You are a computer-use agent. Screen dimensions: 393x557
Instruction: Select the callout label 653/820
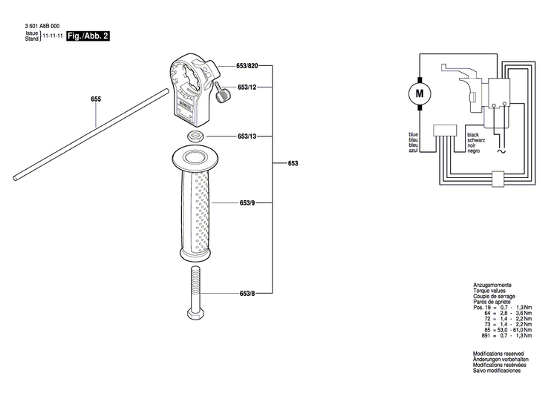click(251, 66)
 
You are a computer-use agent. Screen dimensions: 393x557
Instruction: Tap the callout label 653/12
click(247, 87)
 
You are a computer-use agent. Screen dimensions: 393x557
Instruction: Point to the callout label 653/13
click(247, 136)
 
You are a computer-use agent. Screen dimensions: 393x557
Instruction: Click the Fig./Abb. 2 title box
click(88, 36)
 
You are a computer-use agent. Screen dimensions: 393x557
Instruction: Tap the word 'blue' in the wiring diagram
click(414, 134)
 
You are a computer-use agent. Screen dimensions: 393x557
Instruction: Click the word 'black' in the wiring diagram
click(473, 134)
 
